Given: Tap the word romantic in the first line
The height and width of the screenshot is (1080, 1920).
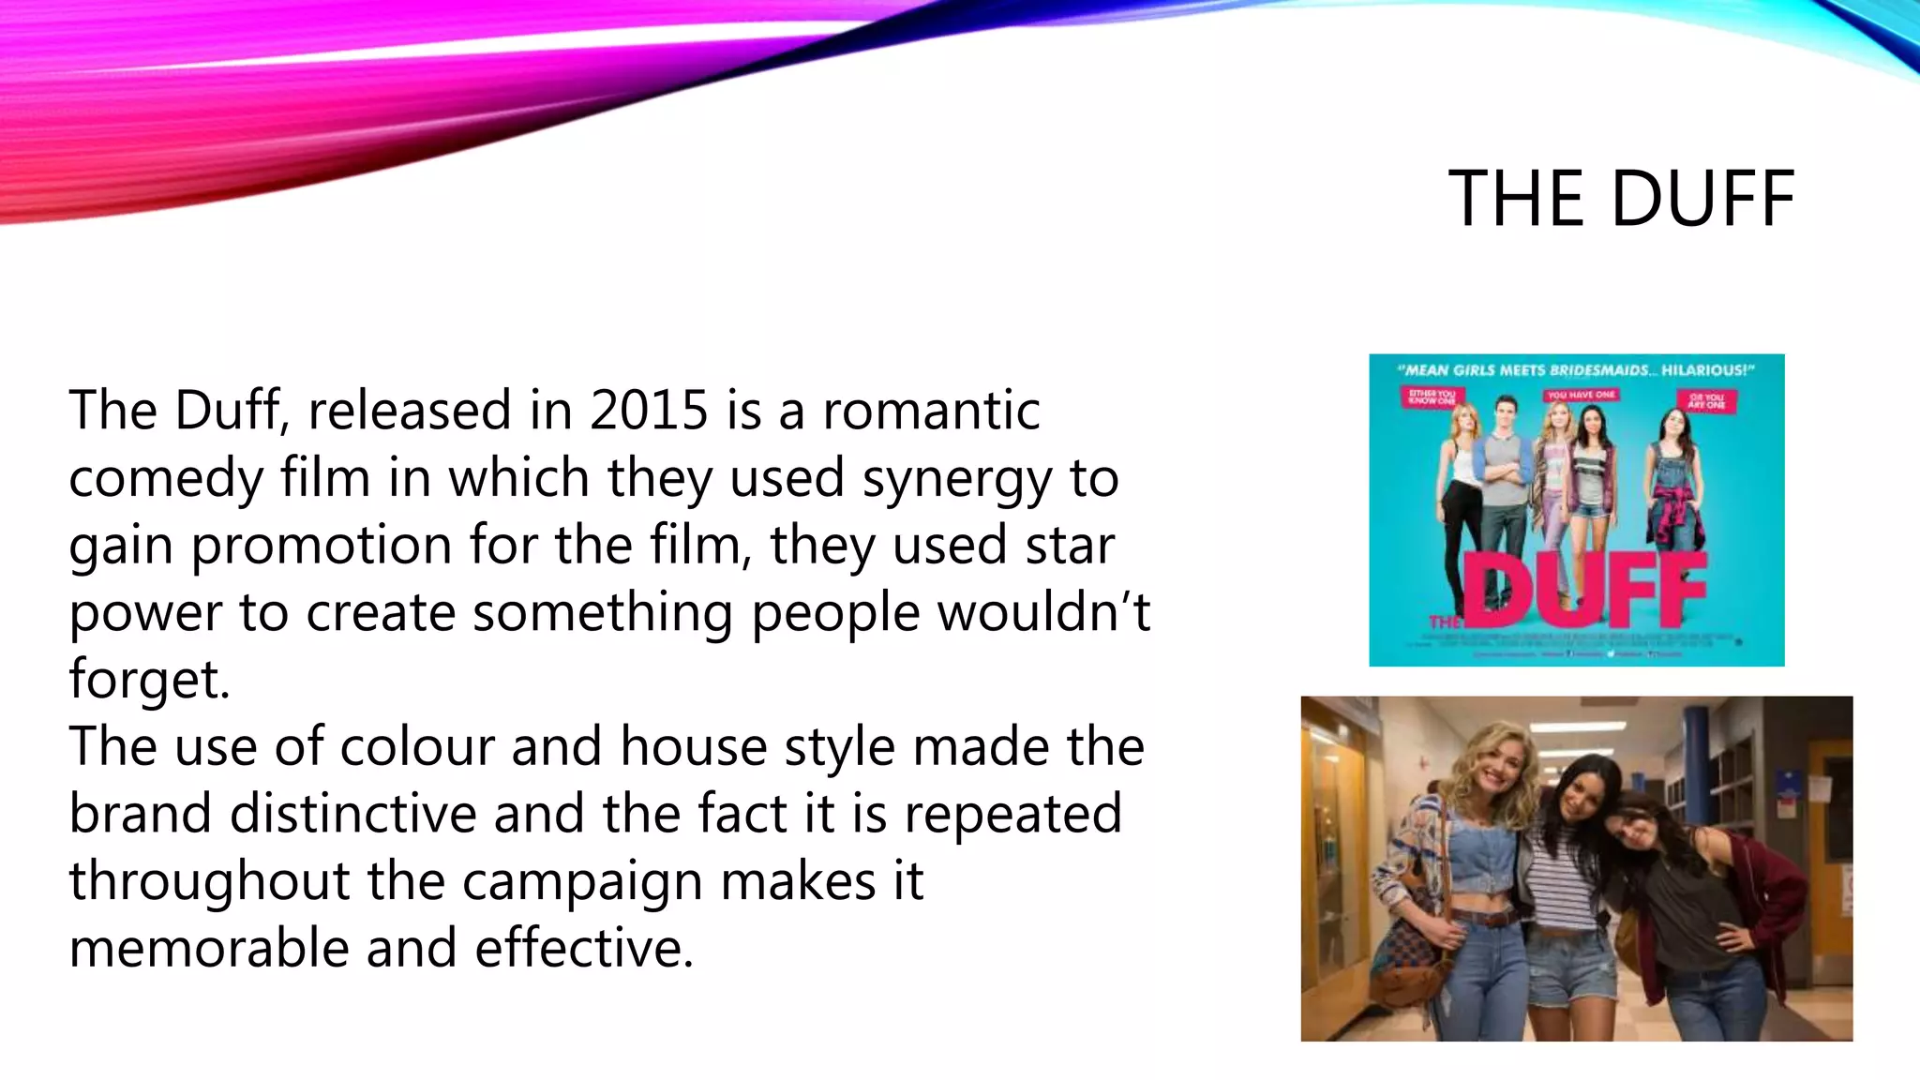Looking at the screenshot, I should [931, 411].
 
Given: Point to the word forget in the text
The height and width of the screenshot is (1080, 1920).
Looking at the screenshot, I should [148, 679].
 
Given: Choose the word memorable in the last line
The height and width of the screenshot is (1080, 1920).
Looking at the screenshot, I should [209, 948].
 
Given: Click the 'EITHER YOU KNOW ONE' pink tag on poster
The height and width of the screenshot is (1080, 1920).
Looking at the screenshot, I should [1432, 397].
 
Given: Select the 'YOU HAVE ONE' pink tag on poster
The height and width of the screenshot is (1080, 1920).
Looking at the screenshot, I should [1581, 395].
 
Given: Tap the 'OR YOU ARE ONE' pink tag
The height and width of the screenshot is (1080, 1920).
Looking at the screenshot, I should [1707, 401].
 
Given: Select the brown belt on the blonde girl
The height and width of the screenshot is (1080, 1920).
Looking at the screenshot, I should [1486, 919].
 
